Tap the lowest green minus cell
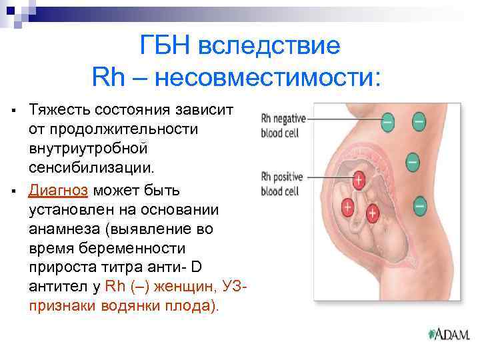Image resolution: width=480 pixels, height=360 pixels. [x=419, y=206]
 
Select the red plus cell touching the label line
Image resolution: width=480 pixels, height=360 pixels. [x=358, y=180]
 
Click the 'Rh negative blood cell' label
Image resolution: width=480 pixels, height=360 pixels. [x=283, y=125]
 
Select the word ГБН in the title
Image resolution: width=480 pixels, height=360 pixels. [x=167, y=47]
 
